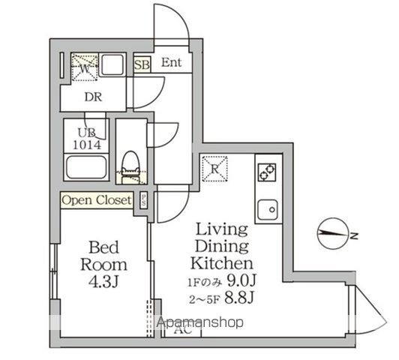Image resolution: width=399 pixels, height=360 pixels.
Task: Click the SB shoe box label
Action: point(141,64)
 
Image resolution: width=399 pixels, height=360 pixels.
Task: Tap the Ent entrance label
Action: point(172,63)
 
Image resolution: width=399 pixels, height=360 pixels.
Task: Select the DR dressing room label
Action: point(92,97)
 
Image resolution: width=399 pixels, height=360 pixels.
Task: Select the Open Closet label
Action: point(96,200)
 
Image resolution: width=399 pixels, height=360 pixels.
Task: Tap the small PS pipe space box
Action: point(142,200)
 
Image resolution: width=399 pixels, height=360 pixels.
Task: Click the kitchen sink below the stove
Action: point(268,208)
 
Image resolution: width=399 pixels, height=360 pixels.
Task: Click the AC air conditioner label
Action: point(181,330)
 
